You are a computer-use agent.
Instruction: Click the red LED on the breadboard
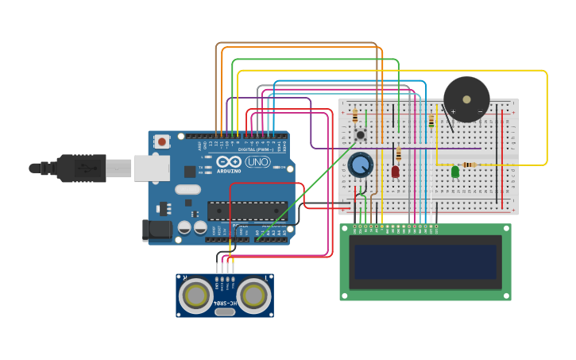[395, 171]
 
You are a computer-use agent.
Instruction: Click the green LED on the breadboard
[455, 171]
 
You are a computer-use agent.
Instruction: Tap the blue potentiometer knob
[360, 165]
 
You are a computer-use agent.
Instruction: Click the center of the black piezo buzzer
[466, 99]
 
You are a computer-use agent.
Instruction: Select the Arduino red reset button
[162, 142]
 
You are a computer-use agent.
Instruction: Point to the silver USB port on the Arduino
[151, 168]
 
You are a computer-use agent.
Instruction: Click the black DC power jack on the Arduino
[157, 230]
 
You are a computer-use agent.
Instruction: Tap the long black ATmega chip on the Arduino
[247, 211]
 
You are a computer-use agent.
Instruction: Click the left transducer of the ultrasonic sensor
[195, 296]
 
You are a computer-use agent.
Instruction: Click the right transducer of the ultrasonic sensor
[253, 296]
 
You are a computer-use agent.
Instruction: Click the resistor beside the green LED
[470, 165]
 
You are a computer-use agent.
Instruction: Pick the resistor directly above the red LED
[398, 154]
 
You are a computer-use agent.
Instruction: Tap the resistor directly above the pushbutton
[354, 117]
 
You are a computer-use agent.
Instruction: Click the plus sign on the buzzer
[454, 112]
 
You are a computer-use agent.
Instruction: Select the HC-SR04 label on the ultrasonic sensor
[225, 304]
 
